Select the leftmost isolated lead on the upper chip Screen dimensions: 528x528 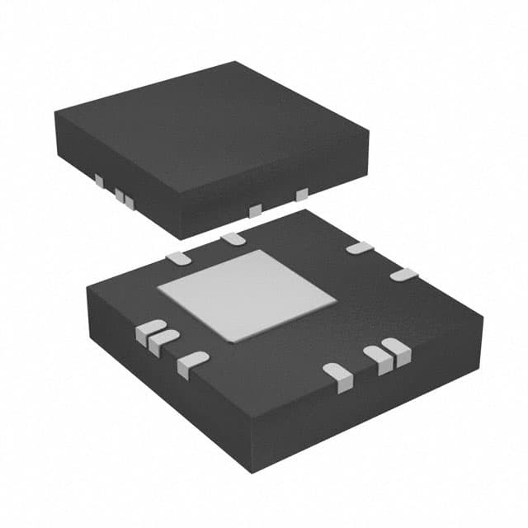coord(99,180)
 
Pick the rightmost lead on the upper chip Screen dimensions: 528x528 coord(302,194)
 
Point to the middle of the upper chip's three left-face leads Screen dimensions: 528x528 coord(120,196)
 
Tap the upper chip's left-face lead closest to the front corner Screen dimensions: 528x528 coord(130,200)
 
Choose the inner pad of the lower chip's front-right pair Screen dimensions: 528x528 coord(379,358)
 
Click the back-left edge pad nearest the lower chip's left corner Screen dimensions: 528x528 coord(179,257)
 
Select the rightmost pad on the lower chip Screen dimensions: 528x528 coord(403,275)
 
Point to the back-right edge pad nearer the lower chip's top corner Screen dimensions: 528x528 coord(360,247)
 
